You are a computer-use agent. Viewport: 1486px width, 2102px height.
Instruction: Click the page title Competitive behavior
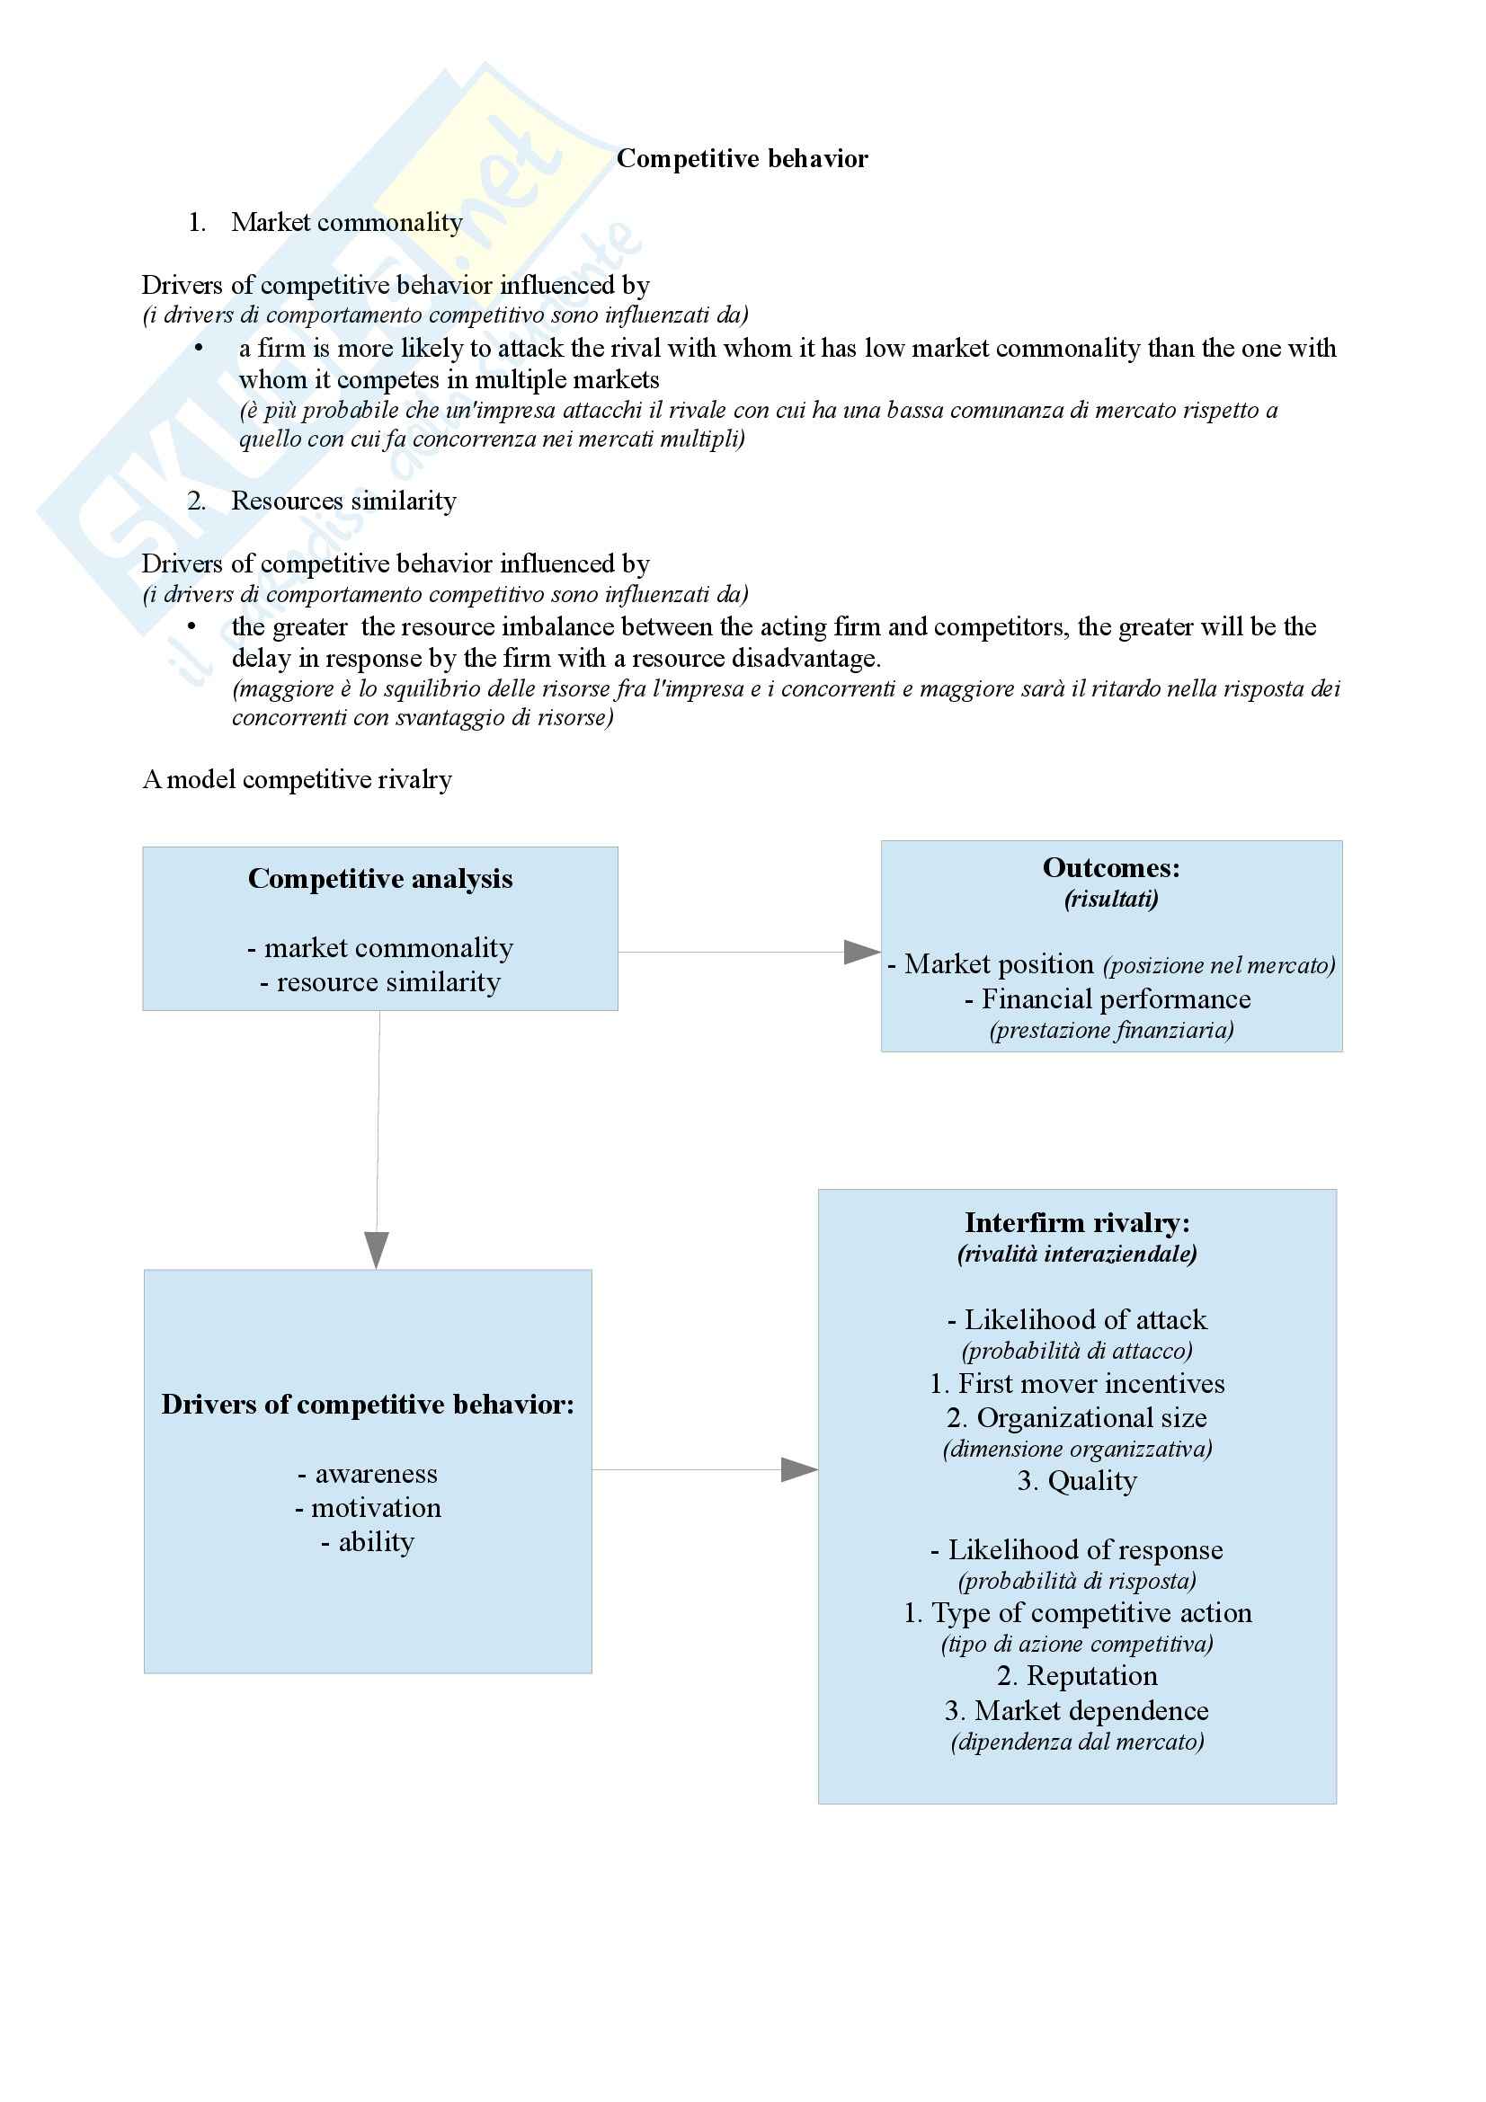(x=742, y=158)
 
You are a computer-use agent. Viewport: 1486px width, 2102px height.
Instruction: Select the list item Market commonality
(x=346, y=223)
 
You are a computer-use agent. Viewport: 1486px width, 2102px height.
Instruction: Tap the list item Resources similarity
(x=343, y=501)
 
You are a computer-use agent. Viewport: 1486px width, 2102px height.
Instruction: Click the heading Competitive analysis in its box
(x=380, y=879)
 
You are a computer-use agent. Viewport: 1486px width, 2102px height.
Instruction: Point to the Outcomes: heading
(x=1110, y=868)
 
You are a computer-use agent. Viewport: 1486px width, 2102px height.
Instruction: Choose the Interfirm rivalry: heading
(x=1077, y=1223)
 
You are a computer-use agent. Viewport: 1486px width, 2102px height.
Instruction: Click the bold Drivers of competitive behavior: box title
(x=367, y=1405)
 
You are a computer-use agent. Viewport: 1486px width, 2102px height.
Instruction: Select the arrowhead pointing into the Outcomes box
(x=860, y=952)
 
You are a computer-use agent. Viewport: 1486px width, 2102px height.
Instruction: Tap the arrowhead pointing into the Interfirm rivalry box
(x=798, y=1470)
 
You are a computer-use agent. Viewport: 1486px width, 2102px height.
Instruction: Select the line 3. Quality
(x=1077, y=1481)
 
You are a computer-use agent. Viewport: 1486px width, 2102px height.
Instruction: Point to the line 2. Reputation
(x=1077, y=1675)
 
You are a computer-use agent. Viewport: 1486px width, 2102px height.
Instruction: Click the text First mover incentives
(x=1090, y=1383)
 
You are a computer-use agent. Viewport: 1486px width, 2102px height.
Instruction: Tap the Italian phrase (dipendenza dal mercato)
(x=1077, y=1742)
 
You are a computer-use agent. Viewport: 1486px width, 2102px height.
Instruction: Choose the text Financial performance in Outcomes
(x=1116, y=998)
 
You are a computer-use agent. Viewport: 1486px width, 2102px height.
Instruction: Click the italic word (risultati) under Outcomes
(x=1110, y=899)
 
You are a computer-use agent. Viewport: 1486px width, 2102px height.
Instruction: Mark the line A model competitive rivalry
(x=298, y=779)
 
